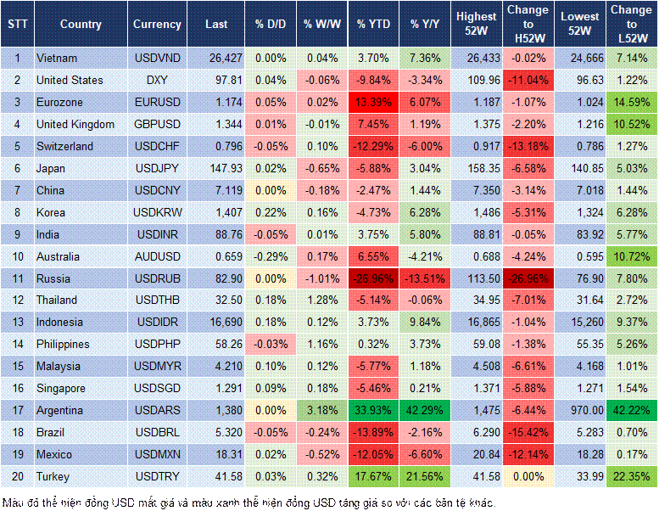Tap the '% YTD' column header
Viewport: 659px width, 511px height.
pyautogui.click(x=372, y=25)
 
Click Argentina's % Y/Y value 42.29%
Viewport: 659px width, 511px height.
pyautogui.click(x=426, y=410)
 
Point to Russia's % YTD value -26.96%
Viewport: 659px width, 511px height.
pyautogui.click(x=372, y=278)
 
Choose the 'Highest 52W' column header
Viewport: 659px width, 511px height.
pyautogui.click(x=477, y=25)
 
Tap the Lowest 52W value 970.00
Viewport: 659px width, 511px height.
pyautogui.click(x=582, y=410)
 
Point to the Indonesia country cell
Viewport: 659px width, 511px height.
pyautogui.click(x=59, y=323)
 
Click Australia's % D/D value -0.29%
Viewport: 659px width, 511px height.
pyautogui.click(x=270, y=256)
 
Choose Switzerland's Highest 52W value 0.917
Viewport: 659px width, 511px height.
pyautogui.click(x=477, y=146)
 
